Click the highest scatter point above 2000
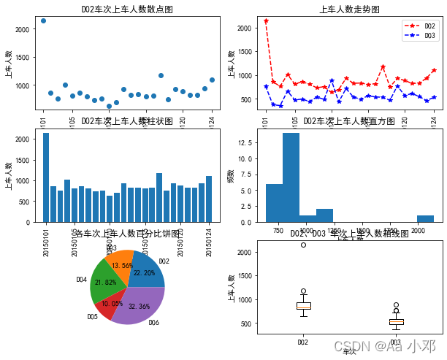pyautogui.click(x=43, y=20)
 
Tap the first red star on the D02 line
pyautogui.click(x=266, y=21)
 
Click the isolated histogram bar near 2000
pyautogui.click(x=425, y=218)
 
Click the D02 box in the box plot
pyautogui.click(x=303, y=306)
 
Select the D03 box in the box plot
pyautogui.click(x=395, y=321)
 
